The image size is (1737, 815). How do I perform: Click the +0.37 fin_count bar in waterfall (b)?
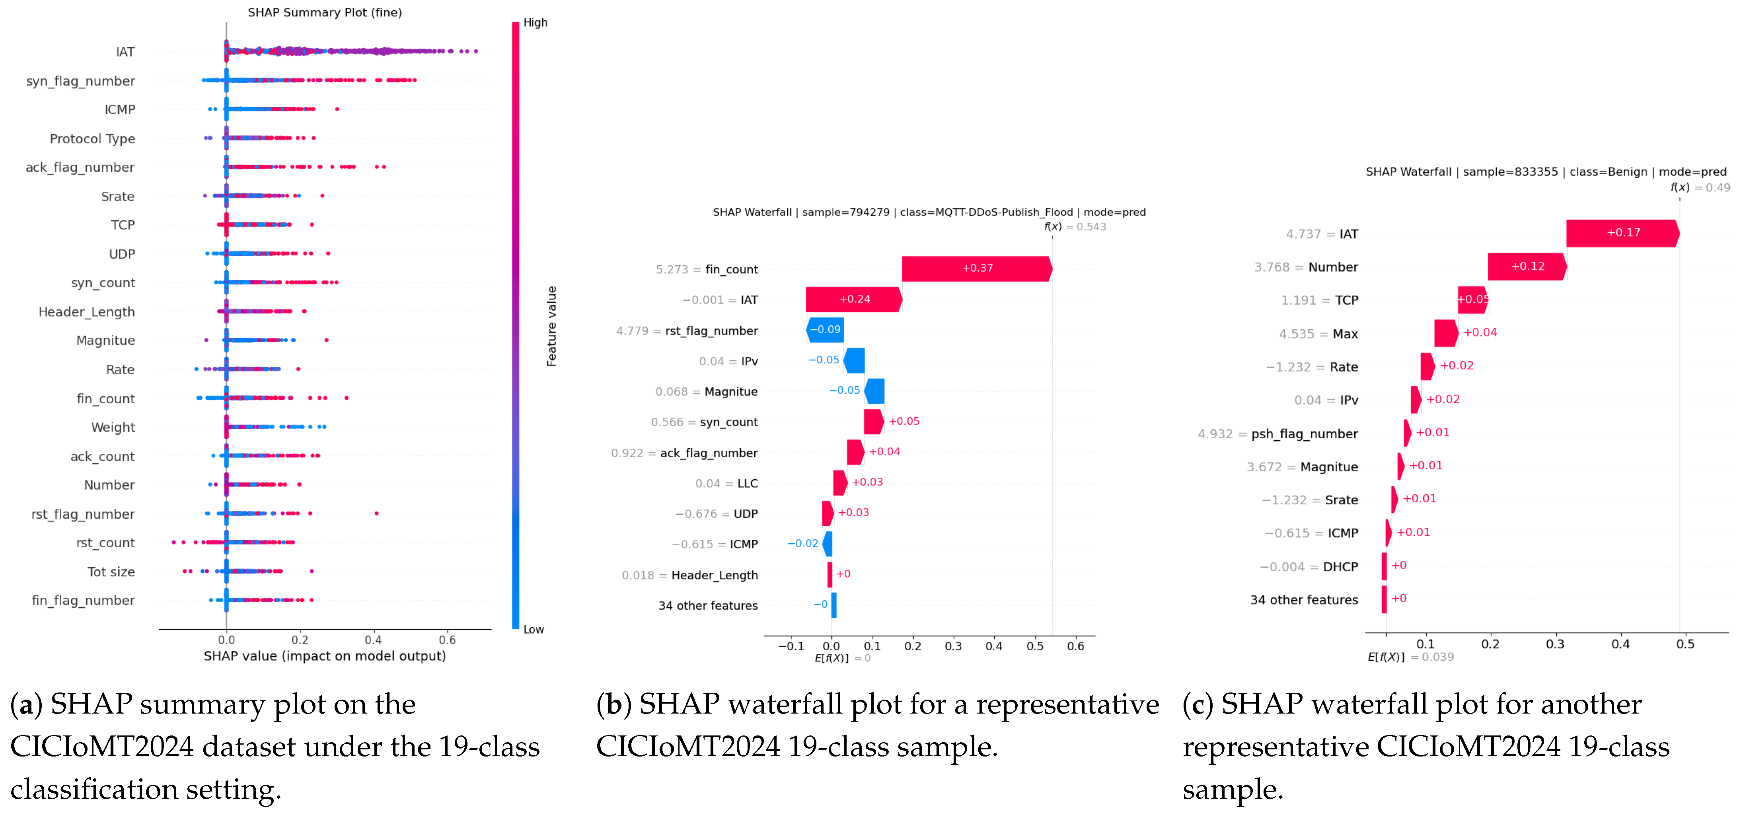click(977, 268)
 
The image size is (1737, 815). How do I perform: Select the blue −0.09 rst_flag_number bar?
click(825, 330)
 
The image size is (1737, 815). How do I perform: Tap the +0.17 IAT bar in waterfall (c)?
click(1622, 233)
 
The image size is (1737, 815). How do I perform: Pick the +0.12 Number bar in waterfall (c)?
click(1527, 266)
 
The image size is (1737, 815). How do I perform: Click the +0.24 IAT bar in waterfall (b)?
click(854, 299)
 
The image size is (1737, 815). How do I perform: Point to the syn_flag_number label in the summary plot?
click(80, 81)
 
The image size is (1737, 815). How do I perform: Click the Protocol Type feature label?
click(92, 139)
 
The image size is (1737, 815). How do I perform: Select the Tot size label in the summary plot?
click(111, 572)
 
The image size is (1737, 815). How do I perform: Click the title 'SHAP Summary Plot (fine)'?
click(325, 12)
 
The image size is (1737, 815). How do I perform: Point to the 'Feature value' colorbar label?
click(551, 326)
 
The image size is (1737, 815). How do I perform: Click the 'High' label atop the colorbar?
click(536, 22)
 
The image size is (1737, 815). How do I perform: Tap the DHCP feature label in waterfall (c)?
click(1340, 567)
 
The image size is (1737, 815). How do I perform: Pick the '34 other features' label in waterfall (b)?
click(708, 605)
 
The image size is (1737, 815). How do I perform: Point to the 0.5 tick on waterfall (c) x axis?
click(1685, 644)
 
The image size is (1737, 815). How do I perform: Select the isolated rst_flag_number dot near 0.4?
click(376, 514)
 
